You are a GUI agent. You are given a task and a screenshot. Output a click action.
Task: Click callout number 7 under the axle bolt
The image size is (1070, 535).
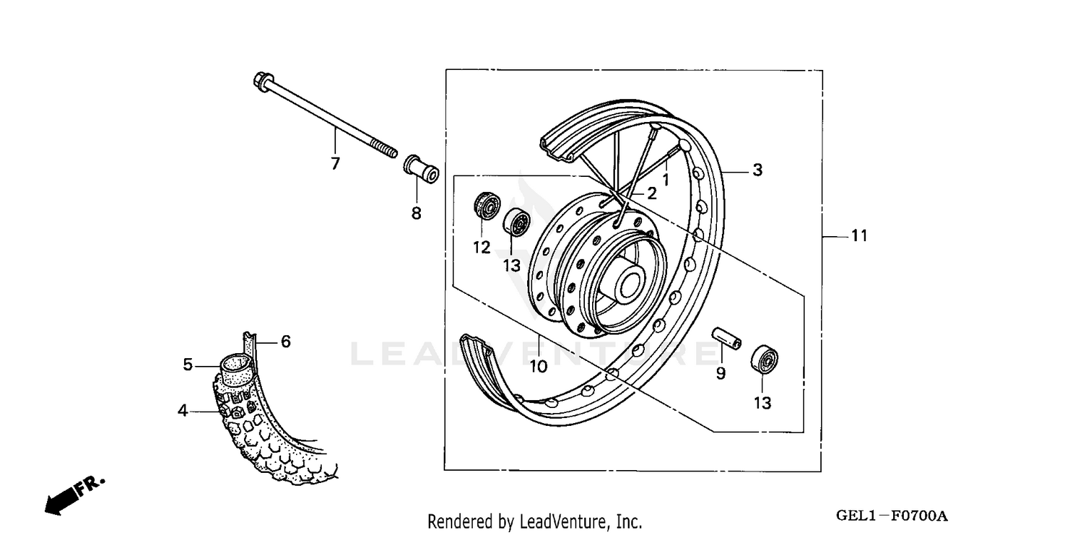(x=335, y=164)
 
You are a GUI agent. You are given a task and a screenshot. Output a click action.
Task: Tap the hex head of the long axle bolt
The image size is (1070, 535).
(x=260, y=81)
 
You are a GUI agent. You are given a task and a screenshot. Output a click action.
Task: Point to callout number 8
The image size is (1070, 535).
(x=416, y=213)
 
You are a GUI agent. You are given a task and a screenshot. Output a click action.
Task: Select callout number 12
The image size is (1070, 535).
(x=481, y=248)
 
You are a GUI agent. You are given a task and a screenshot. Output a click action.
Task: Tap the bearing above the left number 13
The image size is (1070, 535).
(x=516, y=223)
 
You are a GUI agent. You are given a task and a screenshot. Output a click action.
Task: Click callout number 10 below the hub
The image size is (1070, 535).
(x=538, y=366)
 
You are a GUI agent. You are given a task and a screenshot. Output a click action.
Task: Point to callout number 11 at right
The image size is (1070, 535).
(x=860, y=235)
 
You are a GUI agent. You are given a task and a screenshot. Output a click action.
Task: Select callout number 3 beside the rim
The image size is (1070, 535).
(x=757, y=170)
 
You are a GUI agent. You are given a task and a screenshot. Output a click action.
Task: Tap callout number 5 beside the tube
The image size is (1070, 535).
(x=188, y=365)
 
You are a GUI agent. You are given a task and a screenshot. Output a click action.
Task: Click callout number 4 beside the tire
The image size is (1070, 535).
(x=183, y=410)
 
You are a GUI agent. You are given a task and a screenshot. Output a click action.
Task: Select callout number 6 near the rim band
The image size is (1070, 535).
(x=285, y=342)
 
